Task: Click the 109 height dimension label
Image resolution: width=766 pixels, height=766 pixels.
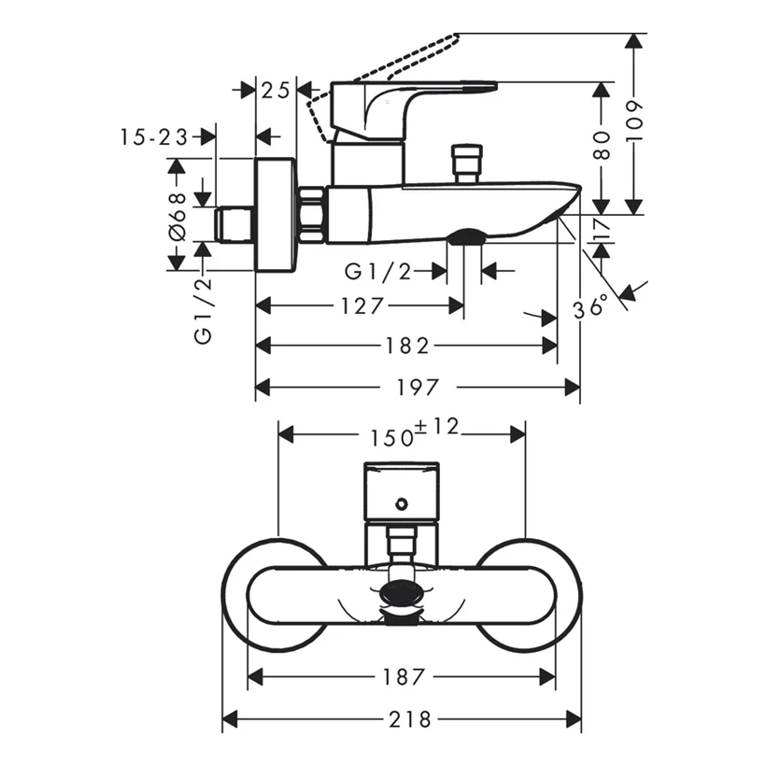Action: (x=634, y=121)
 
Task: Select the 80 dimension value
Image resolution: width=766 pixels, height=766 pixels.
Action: (x=602, y=146)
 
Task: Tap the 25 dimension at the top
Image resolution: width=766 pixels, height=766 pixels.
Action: (x=276, y=91)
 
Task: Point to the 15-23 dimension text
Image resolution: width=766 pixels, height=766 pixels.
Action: (x=154, y=137)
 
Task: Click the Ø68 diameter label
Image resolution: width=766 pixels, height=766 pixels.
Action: (x=177, y=217)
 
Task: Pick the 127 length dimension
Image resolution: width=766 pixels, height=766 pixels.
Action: (x=362, y=306)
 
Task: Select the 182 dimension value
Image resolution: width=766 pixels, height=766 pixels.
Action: (x=407, y=346)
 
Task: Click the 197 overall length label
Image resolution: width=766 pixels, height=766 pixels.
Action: (x=418, y=388)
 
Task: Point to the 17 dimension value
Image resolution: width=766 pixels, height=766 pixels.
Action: (x=602, y=229)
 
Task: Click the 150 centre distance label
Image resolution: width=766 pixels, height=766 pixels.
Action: (x=391, y=438)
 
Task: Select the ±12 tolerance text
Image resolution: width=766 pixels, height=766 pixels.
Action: (x=437, y=428)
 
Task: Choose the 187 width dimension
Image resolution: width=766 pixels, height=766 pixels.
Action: (x=404, y=677)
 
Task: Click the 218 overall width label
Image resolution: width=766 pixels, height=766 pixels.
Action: (x=410, y=719)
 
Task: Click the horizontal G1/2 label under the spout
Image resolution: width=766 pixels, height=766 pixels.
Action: (x=378, y=271)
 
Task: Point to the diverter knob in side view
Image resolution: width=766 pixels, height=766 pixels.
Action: (x=467, y=163)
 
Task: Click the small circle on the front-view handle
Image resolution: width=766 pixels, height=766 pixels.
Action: (x=402, y=504)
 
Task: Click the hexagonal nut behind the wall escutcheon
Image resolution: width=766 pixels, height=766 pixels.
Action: (x=311, y=215)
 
